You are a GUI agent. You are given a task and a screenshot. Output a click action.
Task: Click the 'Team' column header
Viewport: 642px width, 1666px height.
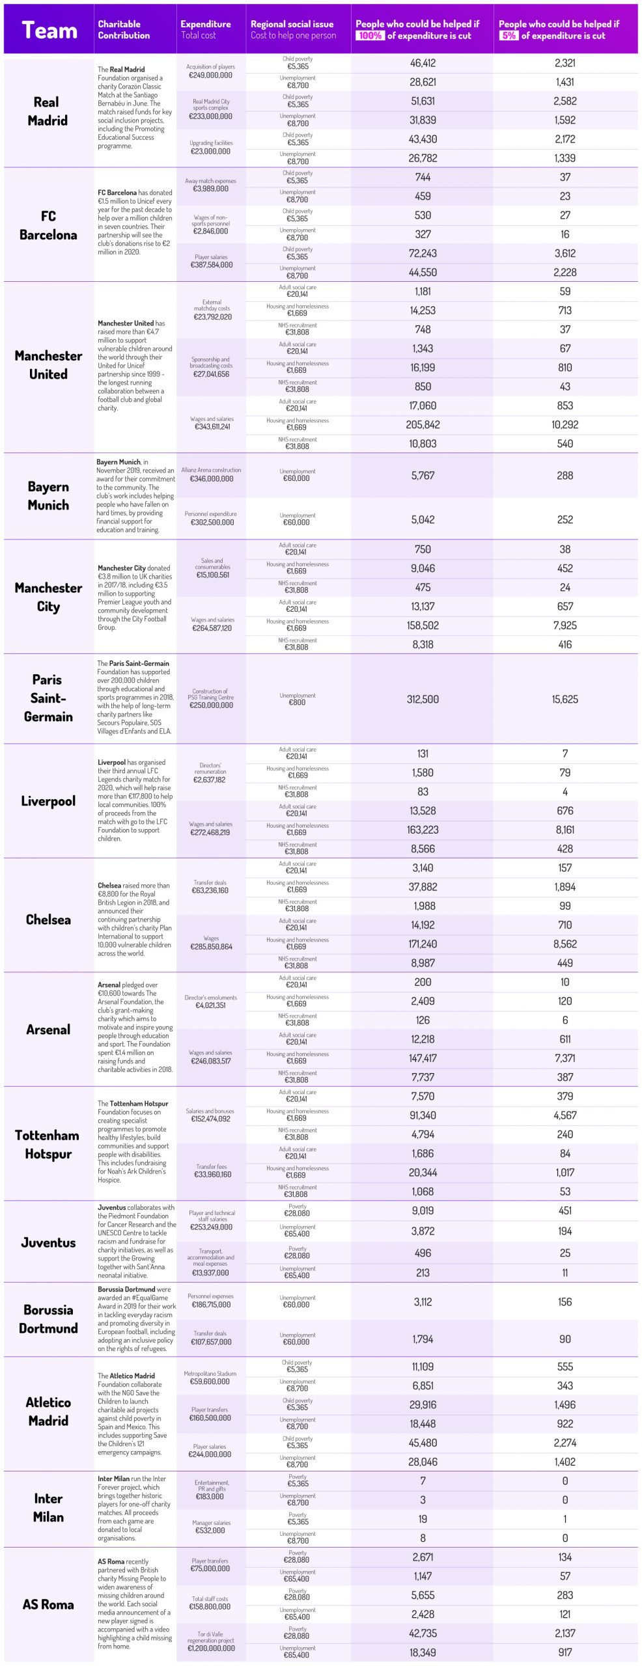49,31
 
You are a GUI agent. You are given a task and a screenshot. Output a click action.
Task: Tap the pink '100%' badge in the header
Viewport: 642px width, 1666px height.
369,36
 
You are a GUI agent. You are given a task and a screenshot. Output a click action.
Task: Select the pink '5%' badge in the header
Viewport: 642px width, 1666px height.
509,36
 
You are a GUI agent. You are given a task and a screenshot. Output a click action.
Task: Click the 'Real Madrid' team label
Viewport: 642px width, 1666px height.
48,111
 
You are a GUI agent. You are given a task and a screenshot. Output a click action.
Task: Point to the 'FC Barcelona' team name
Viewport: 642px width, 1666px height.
48,225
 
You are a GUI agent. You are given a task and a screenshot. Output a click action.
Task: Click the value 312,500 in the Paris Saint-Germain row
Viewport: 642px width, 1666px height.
423,699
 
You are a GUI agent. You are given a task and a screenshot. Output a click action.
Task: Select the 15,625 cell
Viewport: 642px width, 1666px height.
565,699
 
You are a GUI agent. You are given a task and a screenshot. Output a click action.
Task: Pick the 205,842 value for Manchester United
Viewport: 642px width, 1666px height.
423,425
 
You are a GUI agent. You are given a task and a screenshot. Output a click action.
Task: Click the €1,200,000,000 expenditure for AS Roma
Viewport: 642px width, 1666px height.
211,1648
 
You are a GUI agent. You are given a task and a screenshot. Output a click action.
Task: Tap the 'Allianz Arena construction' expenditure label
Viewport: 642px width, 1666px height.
211,470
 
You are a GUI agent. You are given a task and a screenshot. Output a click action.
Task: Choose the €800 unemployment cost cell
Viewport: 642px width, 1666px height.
297,703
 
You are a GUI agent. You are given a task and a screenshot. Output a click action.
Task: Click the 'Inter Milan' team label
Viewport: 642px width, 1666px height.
48,1507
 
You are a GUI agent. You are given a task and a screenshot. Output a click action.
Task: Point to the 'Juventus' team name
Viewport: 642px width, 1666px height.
48,1242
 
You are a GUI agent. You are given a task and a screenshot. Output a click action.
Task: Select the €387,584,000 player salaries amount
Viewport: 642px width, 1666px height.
211,265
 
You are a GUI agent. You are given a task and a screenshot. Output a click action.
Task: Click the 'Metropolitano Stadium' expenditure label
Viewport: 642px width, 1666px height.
210,1373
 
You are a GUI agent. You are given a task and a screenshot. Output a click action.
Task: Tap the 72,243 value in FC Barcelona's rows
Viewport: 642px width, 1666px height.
423,253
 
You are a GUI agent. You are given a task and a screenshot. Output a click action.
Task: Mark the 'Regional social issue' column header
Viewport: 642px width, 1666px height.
292,24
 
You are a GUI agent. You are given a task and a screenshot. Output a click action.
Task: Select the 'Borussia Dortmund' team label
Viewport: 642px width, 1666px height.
48,1318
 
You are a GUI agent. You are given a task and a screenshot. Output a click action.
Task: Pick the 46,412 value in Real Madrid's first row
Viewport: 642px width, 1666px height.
423,63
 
